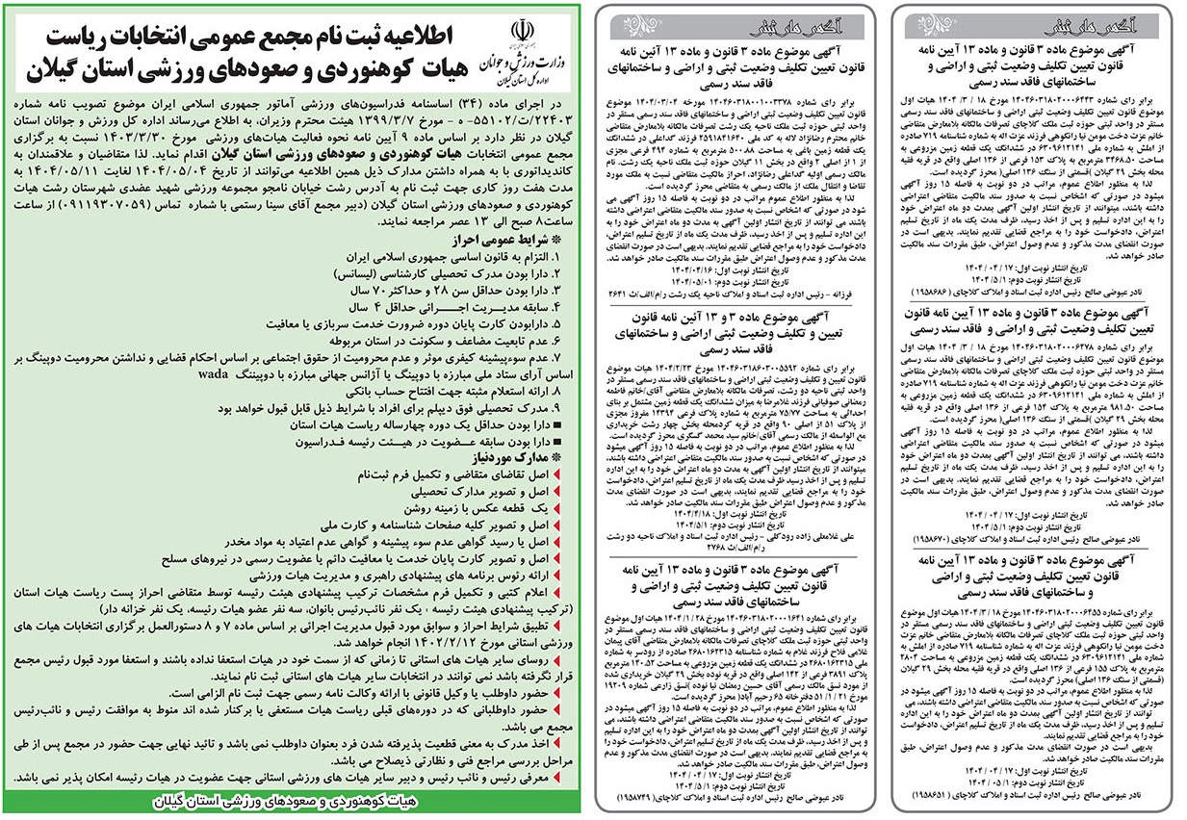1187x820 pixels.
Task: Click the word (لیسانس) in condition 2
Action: tap(312, 273)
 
